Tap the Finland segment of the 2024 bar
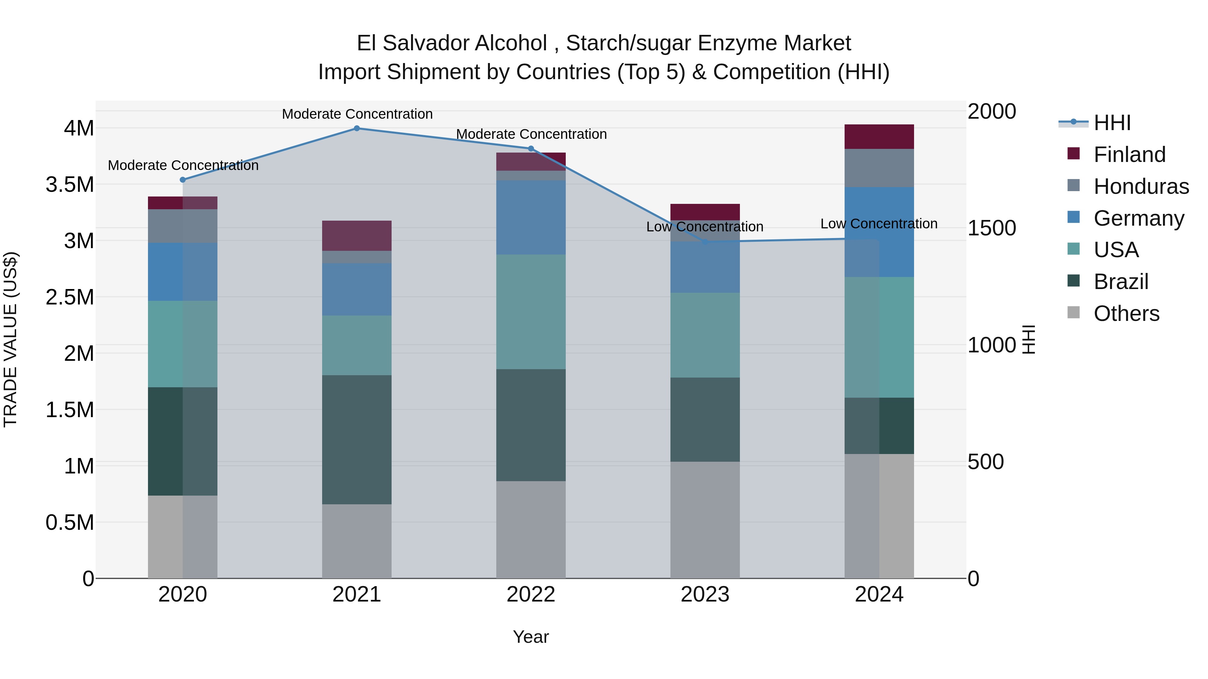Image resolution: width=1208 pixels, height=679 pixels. coord(879,137)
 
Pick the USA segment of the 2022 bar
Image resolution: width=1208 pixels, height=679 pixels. coord(531,312)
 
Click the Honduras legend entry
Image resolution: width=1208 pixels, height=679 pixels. coord(1141,186)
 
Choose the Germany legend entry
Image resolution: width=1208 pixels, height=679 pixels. coord(1138,218)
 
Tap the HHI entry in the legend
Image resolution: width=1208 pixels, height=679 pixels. coord(1112,123)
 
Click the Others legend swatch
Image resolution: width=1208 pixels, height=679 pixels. coord(1073,313)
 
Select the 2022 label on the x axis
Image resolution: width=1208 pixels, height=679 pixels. coord(531,595)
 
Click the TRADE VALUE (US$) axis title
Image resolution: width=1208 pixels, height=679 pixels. coord(11,339)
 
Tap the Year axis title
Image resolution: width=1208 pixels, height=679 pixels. coord(531,637)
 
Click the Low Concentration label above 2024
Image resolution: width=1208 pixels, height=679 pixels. coord(878,224)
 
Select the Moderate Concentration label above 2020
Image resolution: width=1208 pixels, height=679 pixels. coord(183,165)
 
